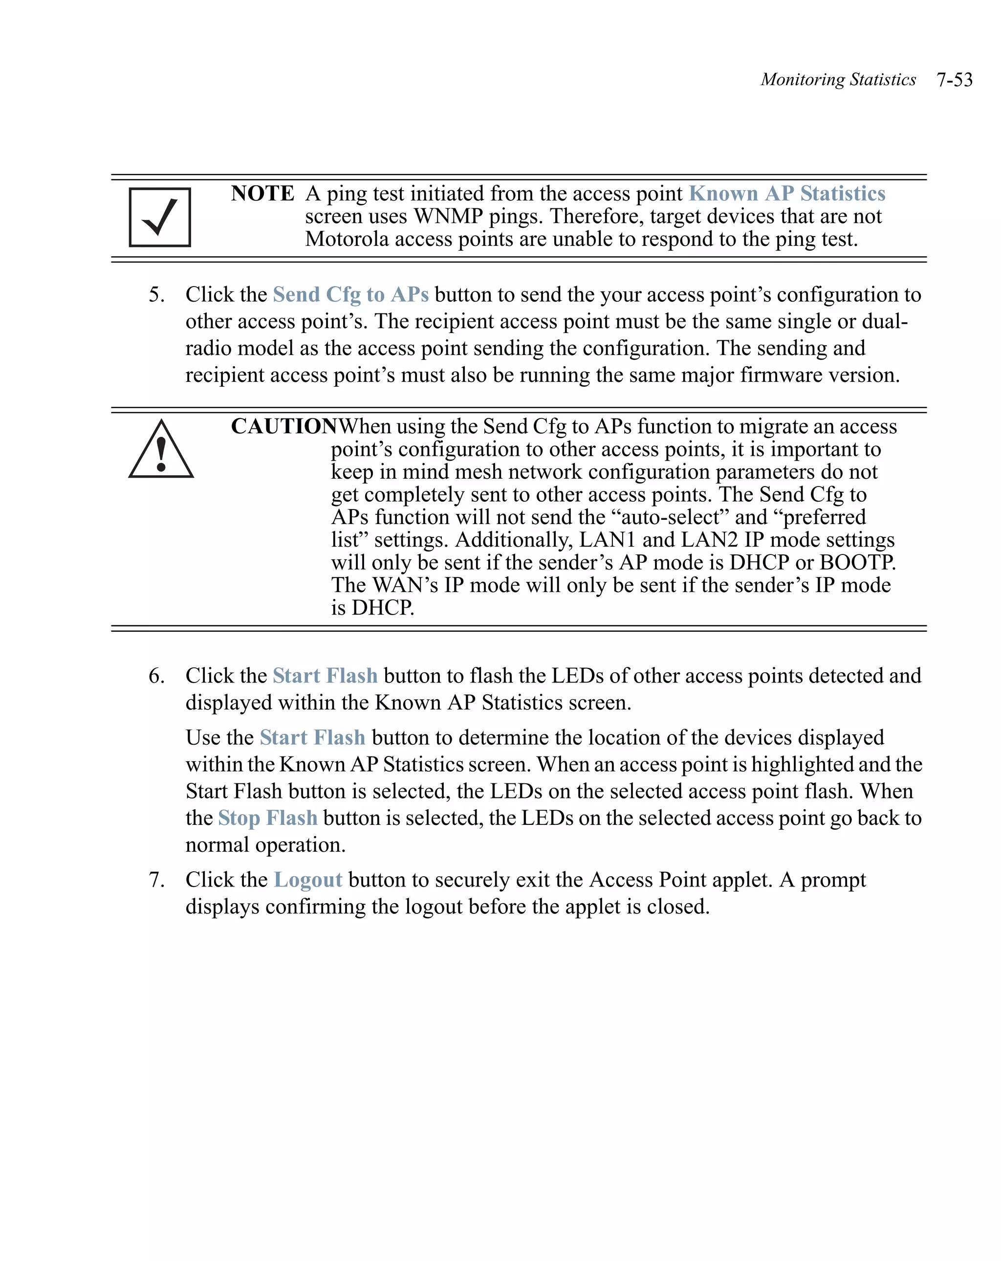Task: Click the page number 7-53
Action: tap(954, 80)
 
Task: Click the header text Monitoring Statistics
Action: tap(837, 80)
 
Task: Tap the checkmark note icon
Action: tap(160, 217)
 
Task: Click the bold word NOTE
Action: tap(262, 194)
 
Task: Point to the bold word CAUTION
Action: tap(284, 426)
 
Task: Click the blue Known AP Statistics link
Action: tap(786, 194)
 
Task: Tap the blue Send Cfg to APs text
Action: tap(350, 294)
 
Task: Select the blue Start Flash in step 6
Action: tap(325, 676)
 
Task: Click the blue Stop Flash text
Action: tap(268, 818)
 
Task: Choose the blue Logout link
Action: tap(308, 880)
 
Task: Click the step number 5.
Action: tap(155, 294)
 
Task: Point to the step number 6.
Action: tap(155, 676)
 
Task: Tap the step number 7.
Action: tap(155, 880)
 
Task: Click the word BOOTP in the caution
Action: tap(857, 562)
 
